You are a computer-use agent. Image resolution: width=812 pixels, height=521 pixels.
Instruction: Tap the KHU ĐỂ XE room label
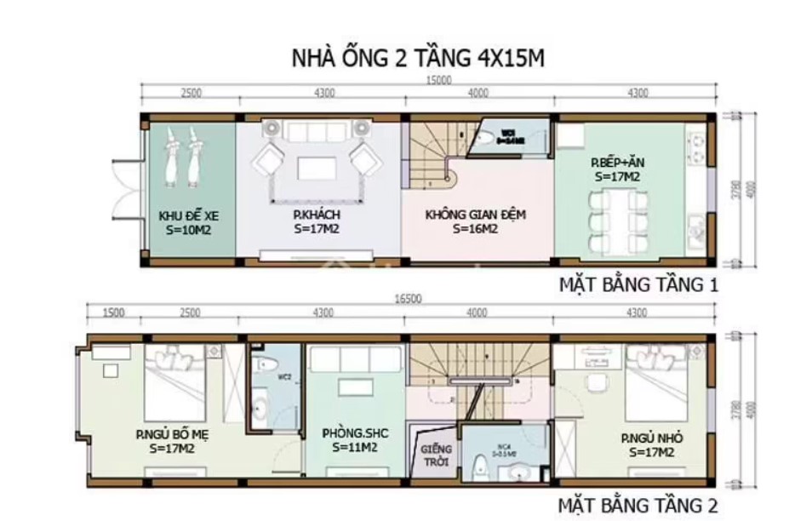[188, 221]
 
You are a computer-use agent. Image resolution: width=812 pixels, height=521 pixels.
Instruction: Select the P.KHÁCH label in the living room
[317, 221]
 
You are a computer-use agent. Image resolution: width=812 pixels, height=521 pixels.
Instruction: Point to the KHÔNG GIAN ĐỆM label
[475, 221]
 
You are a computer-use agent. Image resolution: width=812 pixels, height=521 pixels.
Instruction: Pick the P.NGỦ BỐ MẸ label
[172, 441]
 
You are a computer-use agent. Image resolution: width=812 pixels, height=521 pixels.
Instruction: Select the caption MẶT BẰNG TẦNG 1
[638, 285]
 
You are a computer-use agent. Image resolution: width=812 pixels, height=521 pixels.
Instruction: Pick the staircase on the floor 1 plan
[434, 155]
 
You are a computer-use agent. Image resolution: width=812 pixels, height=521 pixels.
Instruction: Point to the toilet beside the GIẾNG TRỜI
[480, 467]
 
